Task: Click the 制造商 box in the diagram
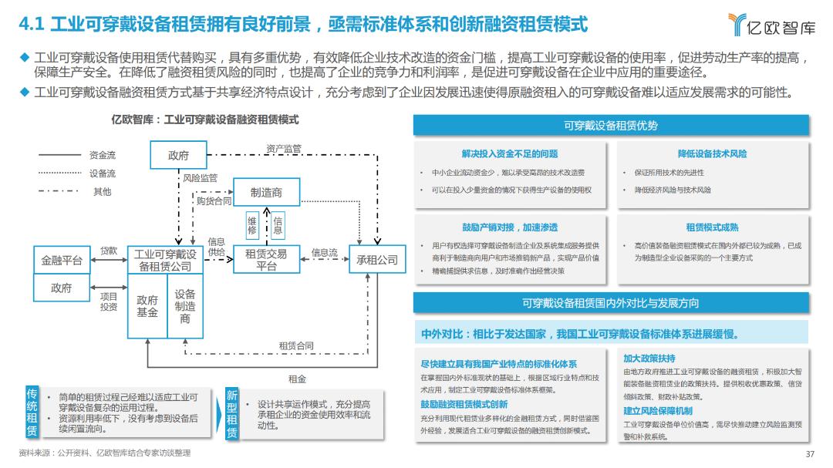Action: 266,192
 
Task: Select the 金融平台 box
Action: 62,261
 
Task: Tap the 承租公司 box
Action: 377,260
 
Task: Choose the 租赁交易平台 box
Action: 266,260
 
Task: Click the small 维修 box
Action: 252,226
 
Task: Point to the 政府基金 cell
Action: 147,306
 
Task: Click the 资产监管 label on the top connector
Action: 284,148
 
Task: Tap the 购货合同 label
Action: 214,200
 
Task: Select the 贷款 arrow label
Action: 109,251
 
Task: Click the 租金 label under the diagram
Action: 297,379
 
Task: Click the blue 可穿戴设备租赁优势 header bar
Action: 611,126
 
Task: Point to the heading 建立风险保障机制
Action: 658,410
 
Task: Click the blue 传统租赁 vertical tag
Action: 32,412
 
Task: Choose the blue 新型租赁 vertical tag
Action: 231,414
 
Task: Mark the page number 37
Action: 810,453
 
